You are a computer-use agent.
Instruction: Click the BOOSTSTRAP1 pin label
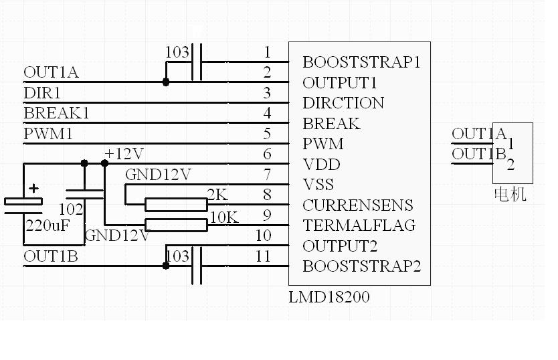click(x=361, y=62)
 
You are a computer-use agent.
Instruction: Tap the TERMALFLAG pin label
click(x=359, y=226)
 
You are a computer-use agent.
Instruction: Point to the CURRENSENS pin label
click(x=357, y=205)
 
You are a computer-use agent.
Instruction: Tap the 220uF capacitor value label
click(x=48, y=226)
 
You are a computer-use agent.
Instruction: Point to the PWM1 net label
click(x=48, y=134)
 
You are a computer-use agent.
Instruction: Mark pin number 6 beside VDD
click(x=267, y=154)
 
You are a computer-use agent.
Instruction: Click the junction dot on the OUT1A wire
click(x=166, y=82)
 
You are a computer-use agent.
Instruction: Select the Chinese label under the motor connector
click(x=510, y=194)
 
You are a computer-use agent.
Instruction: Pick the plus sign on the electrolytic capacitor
click(x=33, y=189)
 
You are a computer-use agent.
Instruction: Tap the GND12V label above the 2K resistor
click(x=159, y=175)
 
